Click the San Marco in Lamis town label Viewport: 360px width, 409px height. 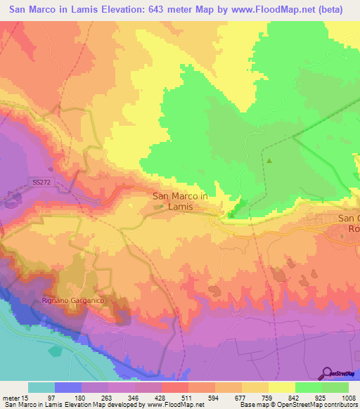(x=179, y=202)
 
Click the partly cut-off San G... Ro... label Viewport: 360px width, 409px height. (x=349, y=223)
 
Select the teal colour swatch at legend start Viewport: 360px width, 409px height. (x=41, y=387)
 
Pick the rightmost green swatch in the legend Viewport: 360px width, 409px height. (x=335, y=387)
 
